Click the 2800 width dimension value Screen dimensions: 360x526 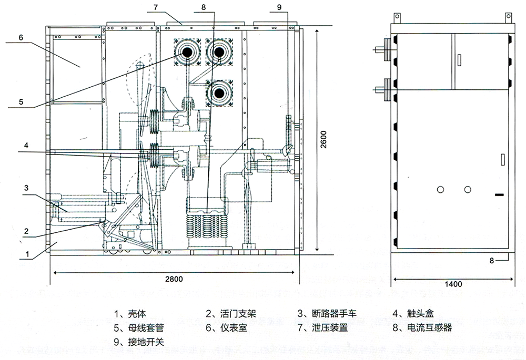[174, 280]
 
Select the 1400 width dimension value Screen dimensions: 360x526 [453, 284]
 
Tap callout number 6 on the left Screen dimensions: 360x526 [20, 38]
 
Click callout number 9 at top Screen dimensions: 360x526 [279, 6]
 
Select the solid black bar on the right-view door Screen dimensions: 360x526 [499, 196]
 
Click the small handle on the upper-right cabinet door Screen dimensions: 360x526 [460, 59]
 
